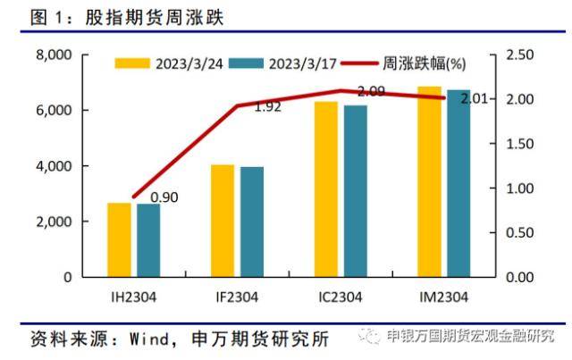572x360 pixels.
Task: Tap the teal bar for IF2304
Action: [x=252, y=222]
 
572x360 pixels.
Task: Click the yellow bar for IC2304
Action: [x=326, y=188]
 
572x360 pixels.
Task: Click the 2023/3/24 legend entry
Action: [x=170, y=63]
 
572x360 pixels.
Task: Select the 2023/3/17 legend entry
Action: [x=282, y=63]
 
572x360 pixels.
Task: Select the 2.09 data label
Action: [x=371, y=91]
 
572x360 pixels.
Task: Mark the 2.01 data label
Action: [x=475, y=99]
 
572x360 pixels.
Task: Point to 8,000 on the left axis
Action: [x=53, y=55]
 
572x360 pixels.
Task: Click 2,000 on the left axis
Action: [x=53, y=222]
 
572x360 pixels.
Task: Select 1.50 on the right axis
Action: [x=518, y=144]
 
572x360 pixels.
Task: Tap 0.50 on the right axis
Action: [x=518, y=232]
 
